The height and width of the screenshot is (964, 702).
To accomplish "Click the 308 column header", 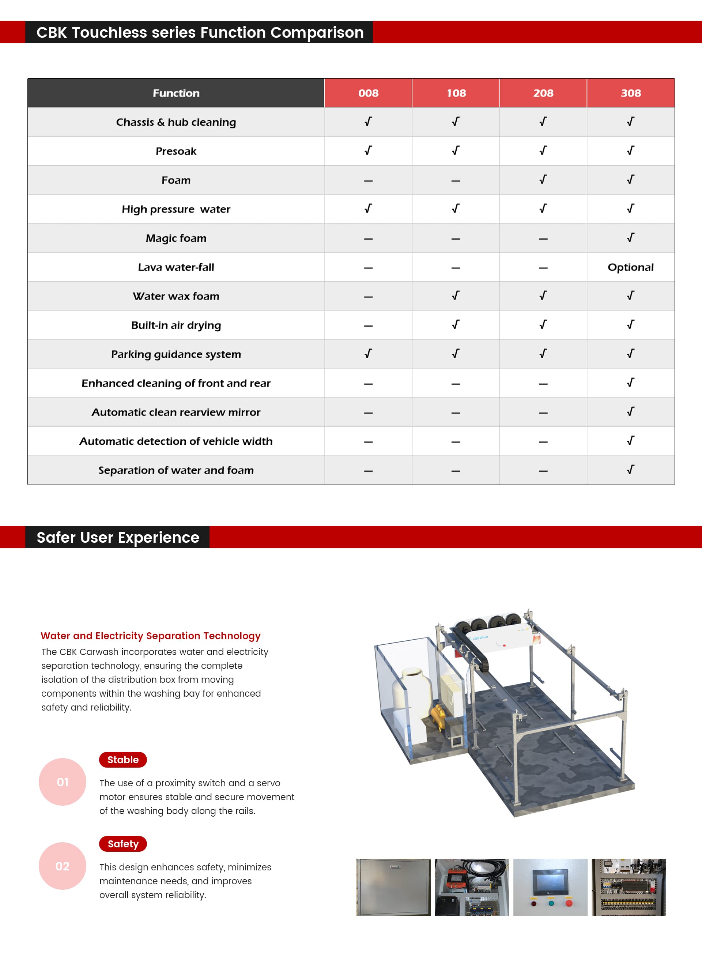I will tap(631, 93).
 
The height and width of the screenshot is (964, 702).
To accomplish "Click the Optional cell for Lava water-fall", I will tap(631, 267).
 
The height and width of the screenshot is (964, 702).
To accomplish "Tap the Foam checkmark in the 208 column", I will tap(543, 180).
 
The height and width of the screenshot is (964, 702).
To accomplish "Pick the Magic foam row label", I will tap(176, 238).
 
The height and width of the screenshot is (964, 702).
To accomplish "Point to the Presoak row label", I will tap(176, 151).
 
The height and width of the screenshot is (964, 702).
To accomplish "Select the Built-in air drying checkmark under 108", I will tap(456, 325).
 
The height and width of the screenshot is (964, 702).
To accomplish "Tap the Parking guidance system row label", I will tap(176, 354).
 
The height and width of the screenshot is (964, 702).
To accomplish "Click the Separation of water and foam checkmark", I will tap(631, 470).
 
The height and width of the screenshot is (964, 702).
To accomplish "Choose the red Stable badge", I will tap(123, 760).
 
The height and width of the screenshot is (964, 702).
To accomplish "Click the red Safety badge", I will tap(123, 844).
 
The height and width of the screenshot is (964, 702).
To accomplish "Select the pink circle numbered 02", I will tap(63, 866).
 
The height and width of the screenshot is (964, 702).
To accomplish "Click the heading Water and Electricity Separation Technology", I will tap(150, 636).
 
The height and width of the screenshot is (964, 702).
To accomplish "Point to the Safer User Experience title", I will tap(118, 537).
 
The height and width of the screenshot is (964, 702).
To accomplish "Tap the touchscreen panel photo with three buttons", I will tap(550, 887).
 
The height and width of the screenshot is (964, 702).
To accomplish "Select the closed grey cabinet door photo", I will tap(393, 887).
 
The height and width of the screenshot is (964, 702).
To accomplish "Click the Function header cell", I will tap(176, 93).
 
